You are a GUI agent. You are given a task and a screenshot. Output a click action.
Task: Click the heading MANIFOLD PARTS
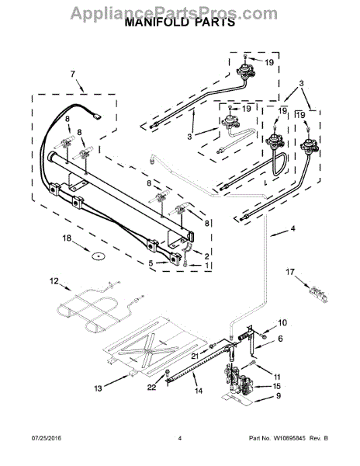(179, 22)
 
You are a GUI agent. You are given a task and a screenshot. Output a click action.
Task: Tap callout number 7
(73, 74)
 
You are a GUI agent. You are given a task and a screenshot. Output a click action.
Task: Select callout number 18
(67, 238)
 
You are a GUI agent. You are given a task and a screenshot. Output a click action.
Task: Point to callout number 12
(54, 281)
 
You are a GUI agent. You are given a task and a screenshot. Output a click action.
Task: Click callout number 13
(98, 388)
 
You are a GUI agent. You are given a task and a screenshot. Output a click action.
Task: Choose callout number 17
(290, 272)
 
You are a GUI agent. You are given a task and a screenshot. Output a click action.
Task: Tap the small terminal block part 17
(318, 294)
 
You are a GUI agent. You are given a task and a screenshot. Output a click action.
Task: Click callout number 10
(282, 322)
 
